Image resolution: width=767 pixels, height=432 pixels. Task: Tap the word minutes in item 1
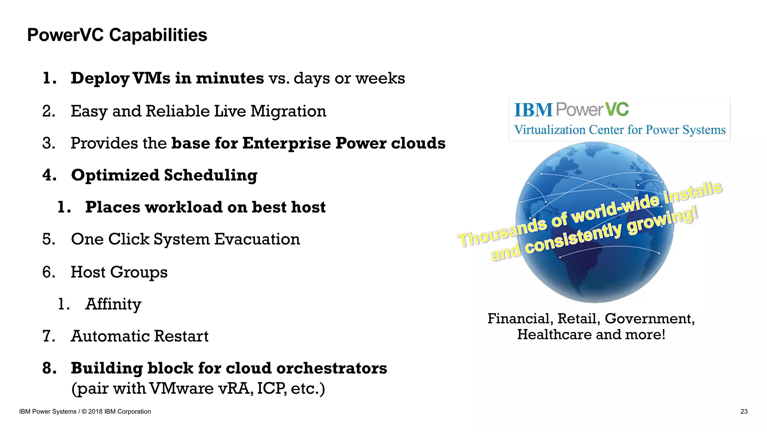click(x=230, y=78)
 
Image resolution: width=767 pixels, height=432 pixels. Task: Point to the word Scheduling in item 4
click(x=210, y=175)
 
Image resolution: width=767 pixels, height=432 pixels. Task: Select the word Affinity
click(x=113, y=304)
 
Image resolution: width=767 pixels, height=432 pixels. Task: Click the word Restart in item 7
click(x=181, y=336)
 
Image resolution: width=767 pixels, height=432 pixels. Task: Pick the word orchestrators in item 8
click(x=331, y=368)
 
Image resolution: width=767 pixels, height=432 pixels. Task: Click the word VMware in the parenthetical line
click(x=181, y=388)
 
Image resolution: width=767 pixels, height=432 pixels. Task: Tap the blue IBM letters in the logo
click(x=533, y=110)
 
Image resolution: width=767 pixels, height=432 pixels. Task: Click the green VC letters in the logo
click(x=617, y=109)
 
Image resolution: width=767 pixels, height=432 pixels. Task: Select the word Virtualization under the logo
click(x=550, y=130)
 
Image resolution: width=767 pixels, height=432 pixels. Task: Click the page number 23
click(x=744, y=411)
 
